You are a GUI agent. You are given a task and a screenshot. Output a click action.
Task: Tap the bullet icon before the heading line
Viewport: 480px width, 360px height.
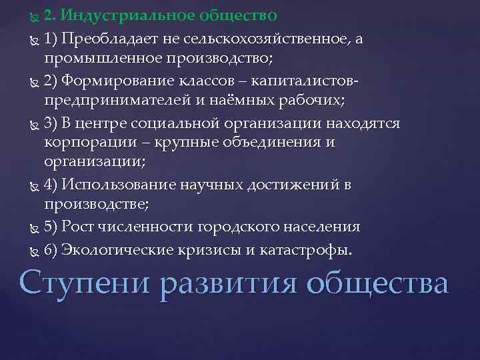coord(36,15)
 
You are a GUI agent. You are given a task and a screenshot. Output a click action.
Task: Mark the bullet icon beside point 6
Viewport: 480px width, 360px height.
coord(36,251)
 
